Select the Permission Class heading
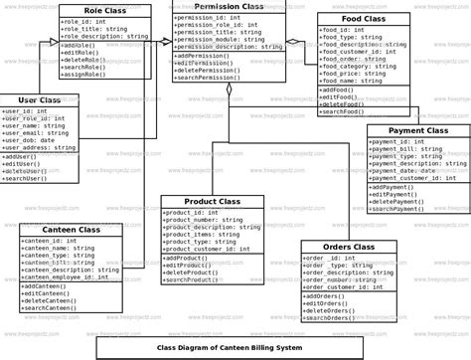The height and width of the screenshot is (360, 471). [x=229, y=7]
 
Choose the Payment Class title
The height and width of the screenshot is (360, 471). [x=417, y=130]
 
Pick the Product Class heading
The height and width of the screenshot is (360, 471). [x=213, y=201]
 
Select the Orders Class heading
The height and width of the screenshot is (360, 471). [x=349, y=247]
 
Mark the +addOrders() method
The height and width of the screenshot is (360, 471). [x=327, y=295]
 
